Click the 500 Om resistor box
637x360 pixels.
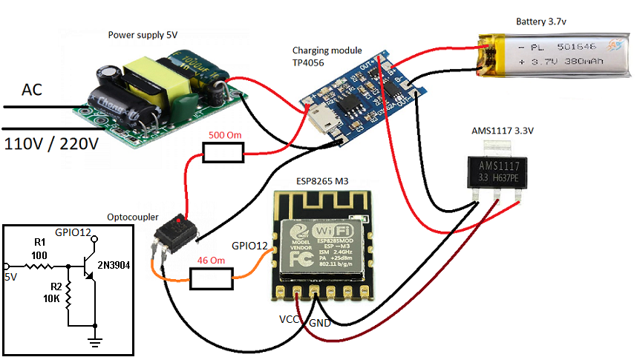223,154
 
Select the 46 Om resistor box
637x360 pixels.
212,278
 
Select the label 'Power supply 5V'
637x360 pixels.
142,34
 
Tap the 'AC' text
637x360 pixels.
32,90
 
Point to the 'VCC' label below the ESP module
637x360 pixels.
290,319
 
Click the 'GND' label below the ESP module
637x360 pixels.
320,324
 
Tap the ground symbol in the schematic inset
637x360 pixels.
94,341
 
